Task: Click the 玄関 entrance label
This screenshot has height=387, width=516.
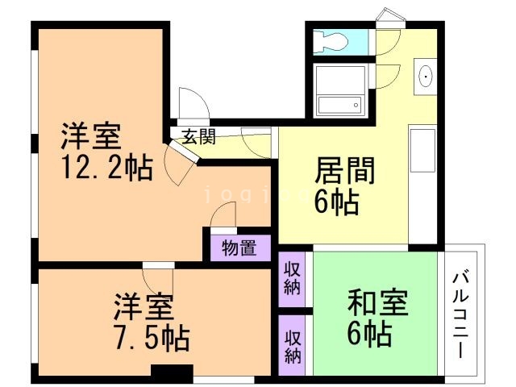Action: pyautogui.click(x=198, y=137)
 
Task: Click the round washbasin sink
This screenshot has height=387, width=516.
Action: pyautogui.click(x=425, y=77)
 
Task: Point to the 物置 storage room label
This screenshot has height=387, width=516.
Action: pyautogui.click(x=239, y=248)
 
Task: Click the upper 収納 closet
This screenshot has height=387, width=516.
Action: pyautogui.click(x=292, y=278)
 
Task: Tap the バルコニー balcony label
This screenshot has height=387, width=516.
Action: pyautogui.click(x=463, y=314)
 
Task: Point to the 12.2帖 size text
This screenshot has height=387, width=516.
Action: pyautogui.click(x=106, y=169)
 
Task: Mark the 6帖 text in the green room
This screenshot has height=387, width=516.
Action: pyautogui.click(x=371, y=332)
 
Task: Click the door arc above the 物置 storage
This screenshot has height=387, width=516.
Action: pyautogui.click(x=224, y=215)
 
